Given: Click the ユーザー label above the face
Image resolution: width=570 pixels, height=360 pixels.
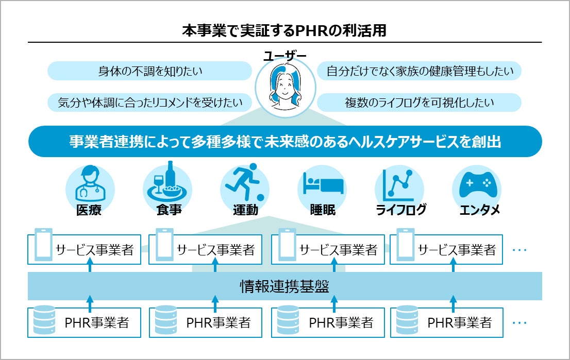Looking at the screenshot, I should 284,56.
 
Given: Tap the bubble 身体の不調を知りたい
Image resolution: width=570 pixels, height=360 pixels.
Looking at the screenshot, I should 149,71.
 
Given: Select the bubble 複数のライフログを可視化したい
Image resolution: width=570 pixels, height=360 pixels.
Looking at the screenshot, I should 419,102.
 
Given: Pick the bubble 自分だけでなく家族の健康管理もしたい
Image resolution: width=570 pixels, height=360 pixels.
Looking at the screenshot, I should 420,71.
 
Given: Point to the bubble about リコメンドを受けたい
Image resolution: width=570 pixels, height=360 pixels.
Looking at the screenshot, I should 149,102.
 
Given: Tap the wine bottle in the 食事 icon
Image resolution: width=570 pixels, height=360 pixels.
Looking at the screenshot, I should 170,175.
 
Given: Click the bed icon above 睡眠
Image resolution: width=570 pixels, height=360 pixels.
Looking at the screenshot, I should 323,184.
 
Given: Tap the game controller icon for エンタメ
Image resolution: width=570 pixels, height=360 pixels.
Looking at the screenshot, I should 476,184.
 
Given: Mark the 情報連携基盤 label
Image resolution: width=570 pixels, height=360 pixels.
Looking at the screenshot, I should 284,286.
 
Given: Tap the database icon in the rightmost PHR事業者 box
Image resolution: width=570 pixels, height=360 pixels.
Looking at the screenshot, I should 407,322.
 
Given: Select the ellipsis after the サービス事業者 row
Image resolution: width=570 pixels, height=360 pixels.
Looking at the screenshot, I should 519,250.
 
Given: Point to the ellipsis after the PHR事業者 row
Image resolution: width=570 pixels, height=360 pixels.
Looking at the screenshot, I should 519,323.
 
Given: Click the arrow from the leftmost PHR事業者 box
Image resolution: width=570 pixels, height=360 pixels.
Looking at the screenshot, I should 90,303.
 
